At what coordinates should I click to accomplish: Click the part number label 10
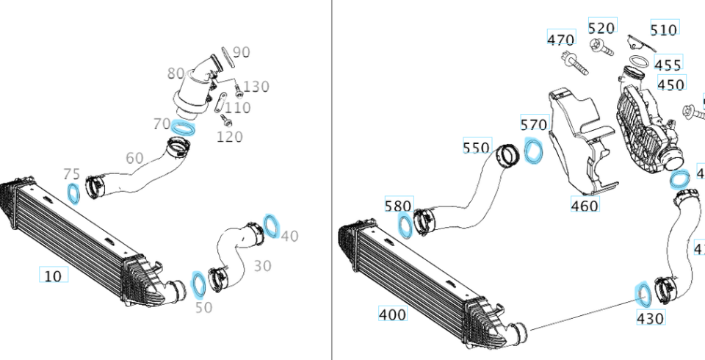coord(53,276)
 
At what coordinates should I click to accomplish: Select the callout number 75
coord(71,174)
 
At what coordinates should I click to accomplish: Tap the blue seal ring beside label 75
coord(74,193)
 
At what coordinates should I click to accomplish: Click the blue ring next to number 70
coord(183,128)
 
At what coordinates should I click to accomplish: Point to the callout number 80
coord(176,73)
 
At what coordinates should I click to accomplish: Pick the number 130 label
coord(256,87)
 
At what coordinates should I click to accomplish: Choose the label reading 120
coord(230,137)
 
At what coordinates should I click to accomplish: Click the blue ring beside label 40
coord(271,226)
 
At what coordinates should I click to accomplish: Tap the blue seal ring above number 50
coord(199,282)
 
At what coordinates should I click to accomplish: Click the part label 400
coord(392,314)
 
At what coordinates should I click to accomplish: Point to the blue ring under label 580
coord(405,225)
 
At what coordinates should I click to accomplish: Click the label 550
coord(476,148)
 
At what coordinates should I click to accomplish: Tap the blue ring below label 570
coord(535,151)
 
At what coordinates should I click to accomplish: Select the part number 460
coord(585,206)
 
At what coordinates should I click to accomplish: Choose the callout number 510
coord(664,29)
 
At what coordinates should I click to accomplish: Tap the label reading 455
coord(668,65)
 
